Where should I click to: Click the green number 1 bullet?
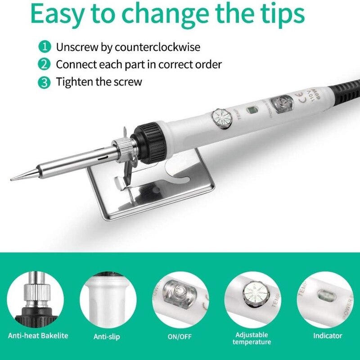point(44,47)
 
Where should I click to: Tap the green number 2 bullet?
point(44,64)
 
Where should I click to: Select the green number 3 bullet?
point(44,82)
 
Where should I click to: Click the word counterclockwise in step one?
point(157,47)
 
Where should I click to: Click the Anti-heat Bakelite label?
point(38,336)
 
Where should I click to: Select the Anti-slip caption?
point(107,336)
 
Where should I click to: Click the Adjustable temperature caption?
point(252,338)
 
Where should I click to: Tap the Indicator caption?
point(327,336)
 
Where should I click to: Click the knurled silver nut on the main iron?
point(122,148)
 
